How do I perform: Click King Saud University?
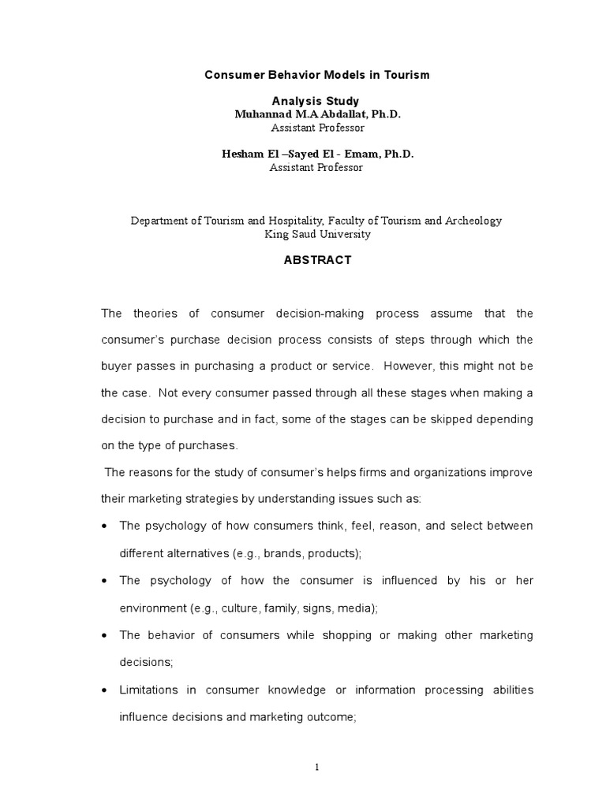(316, 234)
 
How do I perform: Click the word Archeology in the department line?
(472, 221)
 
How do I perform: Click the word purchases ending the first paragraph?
(208, 445)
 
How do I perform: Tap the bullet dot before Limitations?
(106, 690)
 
